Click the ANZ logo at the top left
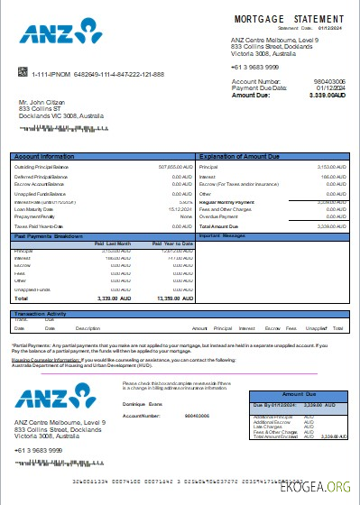tap(56, 35)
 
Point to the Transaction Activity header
tap(43, 313)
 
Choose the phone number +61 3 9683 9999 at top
tap(254, 68)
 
